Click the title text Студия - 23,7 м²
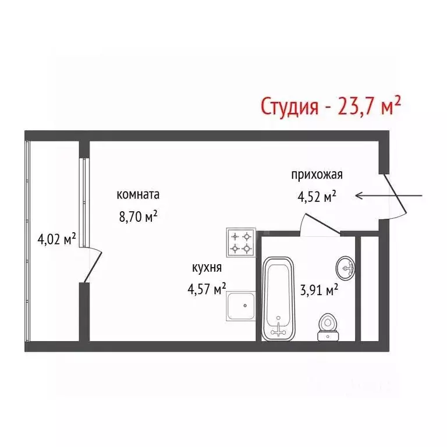click(x=331, y=106)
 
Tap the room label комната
click(x=138, y=195)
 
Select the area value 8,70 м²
click(x=139, y=217)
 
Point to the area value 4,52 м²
click(x=317, y=197)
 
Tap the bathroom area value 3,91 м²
click(x=319, y=290)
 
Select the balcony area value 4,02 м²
click(x=56, y=239)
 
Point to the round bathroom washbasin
click(x=346, y=268)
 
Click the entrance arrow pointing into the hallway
click(x=391, y=196)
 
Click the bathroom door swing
click(x=318, y=225)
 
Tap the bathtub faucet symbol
click(x=280, y=329)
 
